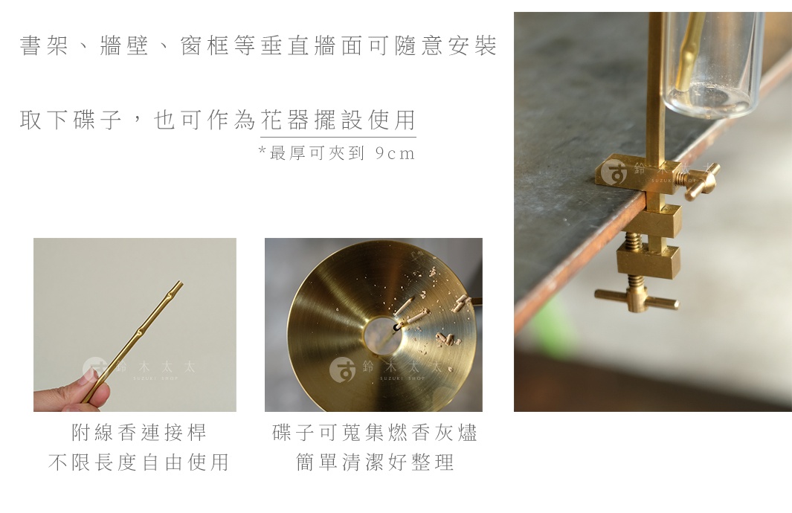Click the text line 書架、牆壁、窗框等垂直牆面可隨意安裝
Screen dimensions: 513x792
pyautogui.click(x=257, y=46)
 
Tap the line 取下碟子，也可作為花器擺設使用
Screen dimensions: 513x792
pyautogui.click(x=217, y=120)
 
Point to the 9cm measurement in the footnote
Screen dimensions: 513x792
pyautogui.click(x=395, y=154)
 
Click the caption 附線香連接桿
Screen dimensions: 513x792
pyautogui.click(x=138, y=433)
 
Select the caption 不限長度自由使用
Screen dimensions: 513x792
pyautogui.click(x=138, y=462)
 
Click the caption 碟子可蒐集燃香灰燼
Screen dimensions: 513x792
pyautogui.click(x=375, y=433)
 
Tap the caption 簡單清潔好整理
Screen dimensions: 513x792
pyautogui.click(x=375, y=462)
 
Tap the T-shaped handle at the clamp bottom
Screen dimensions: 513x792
pyautogui.click(x=637, y=299)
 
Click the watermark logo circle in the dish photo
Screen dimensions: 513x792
pyautogui.click(x=342, y=370)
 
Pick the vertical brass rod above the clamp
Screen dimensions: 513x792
pyautogui.click(x=655, y=82)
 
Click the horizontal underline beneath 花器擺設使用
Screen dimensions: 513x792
pyautogui.click(x=338, y=137)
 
